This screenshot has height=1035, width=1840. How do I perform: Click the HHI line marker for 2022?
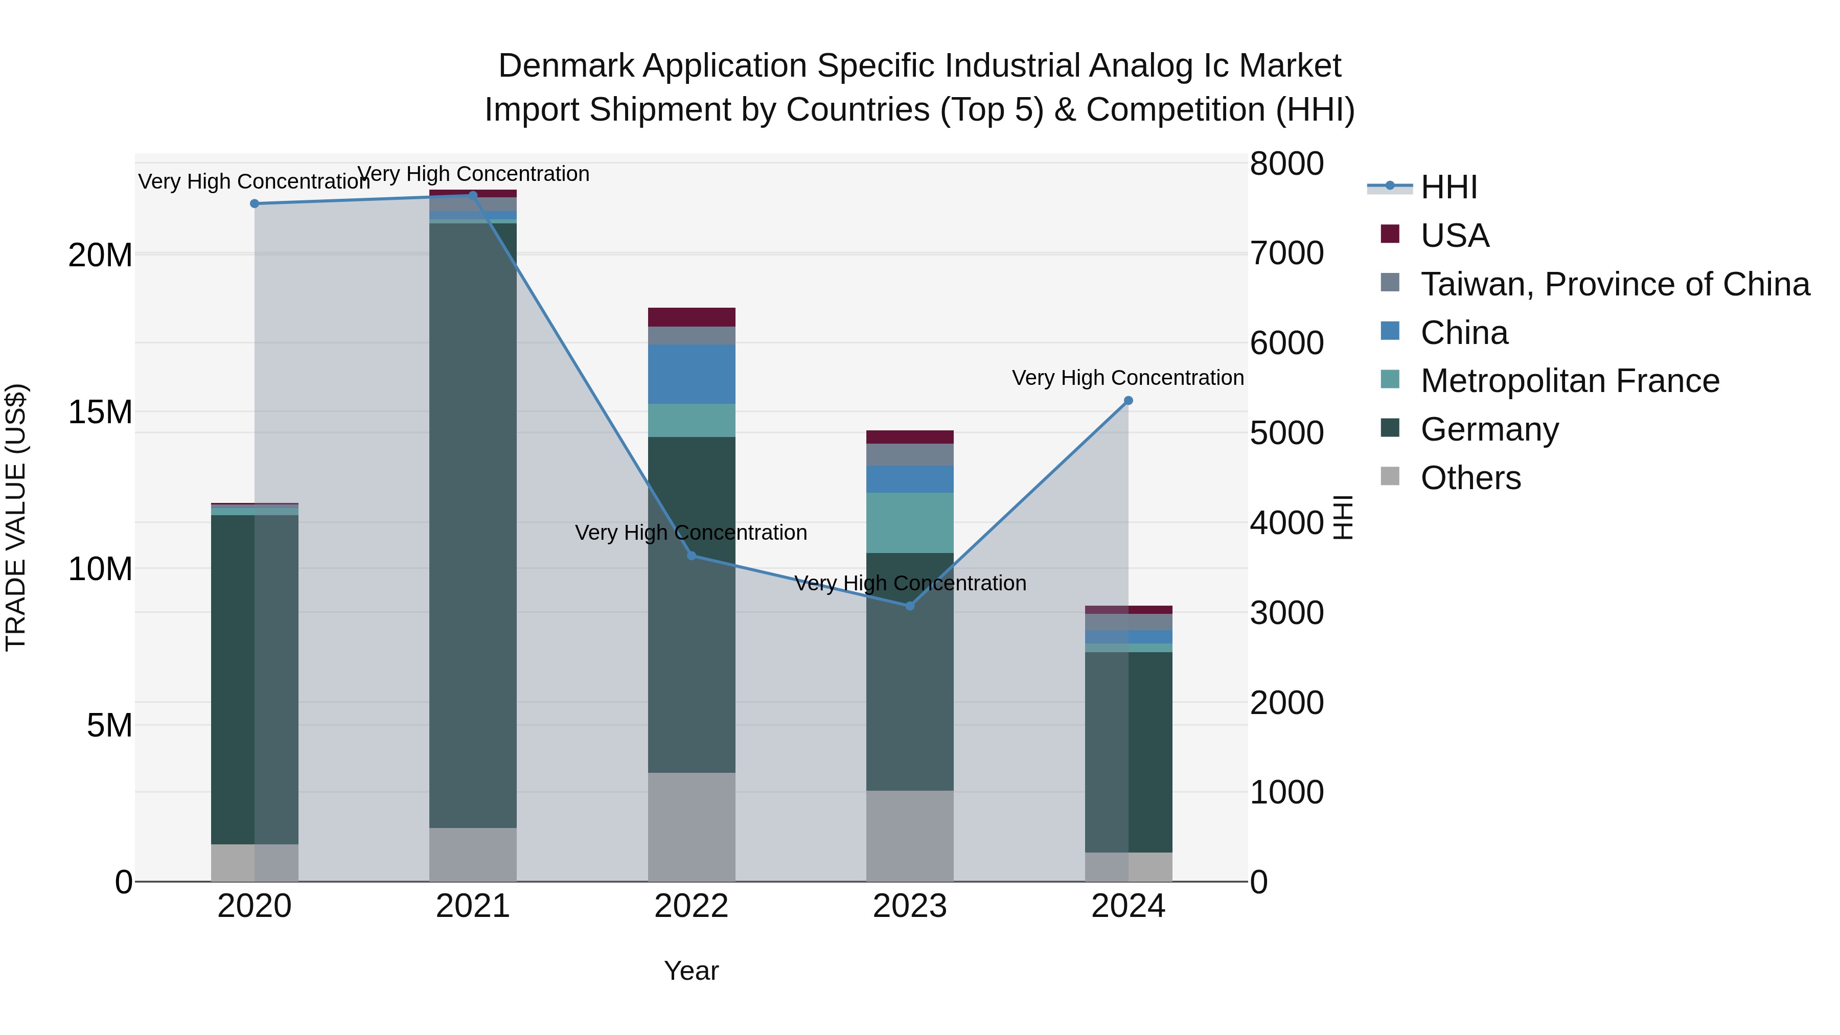pyautogui.click(x=692, y=556)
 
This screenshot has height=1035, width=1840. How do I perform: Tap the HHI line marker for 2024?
pyautogui.click(x=1129, y=401)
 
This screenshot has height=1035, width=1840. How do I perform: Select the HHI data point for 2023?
pyautogui.click(x=910, y=606)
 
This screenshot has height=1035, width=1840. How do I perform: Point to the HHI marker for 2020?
pyautogui.click(x=255, y=203)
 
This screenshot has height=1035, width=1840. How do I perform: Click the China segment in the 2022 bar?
pyautogui.click(x=692, y=374)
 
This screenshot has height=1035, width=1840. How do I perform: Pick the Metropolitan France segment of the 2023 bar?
pyautogui.click(x=910, y=523)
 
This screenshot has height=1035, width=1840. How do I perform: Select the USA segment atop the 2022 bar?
pyautogui.click(x=692, y=317)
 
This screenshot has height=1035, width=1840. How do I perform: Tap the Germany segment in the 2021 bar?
pyautogui.click(x=473, y=525)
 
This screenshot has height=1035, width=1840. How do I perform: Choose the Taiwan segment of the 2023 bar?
pyautogui.click(x=910, y=455)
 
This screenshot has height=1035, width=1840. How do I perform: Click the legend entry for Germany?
pyautogui.click(x=1489, y=429)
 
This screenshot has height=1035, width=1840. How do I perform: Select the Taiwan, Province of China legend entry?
pyautogui.click(x=1614, y=284)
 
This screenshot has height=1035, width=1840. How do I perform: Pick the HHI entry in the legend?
pyautogui.click(x=1448, y=187)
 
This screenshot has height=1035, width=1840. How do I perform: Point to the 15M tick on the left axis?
pyautogui.click(x=101, y=412)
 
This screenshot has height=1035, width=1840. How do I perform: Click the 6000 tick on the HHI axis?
pyautogui.click(x=1286, y=343)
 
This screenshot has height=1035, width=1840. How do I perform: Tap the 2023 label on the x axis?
pyautogui.click(x=910, y=906)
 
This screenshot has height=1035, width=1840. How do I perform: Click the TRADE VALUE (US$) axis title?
pyautogui.click(x=16, y=517)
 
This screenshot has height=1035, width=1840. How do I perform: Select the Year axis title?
pyautogui.click(x=692, y=971)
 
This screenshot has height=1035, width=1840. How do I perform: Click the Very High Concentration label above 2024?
pyautogui.click(x=1128, y=378)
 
